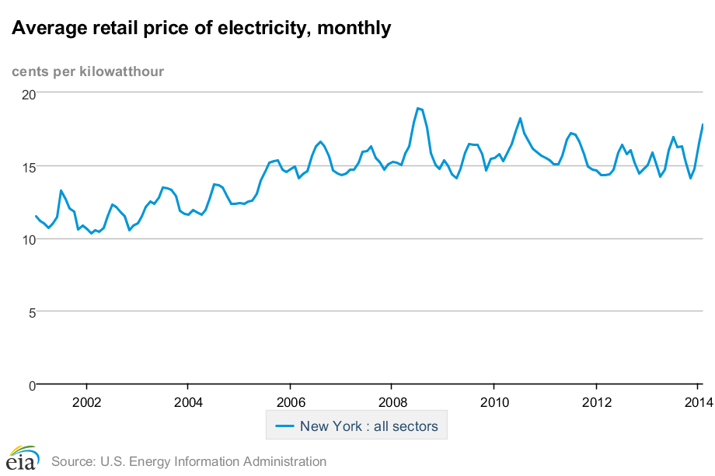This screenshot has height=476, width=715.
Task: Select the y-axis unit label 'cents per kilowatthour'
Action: tap(87, 72)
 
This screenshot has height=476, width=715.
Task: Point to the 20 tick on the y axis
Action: tap(28, 94)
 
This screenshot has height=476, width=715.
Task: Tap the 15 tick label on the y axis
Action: tap(28, 167)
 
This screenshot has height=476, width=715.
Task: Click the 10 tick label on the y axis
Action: tap(28, 240)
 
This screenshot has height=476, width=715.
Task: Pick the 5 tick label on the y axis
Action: tap(31, 313)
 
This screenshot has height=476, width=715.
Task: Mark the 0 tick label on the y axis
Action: tap(31, 386)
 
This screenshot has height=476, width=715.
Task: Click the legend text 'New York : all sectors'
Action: tap(369, 426)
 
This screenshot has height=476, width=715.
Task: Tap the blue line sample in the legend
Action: tap(285, 426)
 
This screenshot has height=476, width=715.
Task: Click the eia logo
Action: tap(22, 459)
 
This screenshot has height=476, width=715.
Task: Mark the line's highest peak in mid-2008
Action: tap(418, 108)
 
